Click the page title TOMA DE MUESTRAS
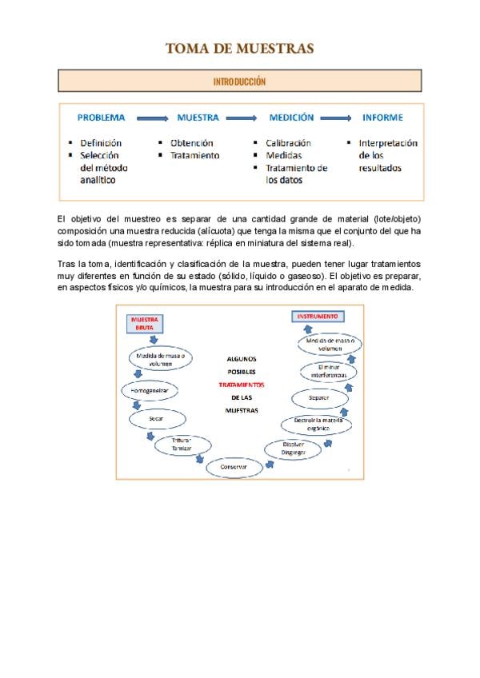pos(239,49)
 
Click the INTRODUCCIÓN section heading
pos(239,82)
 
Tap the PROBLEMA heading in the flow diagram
pos(101,118)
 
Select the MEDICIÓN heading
pos(291,118)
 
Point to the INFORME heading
pos(382,118)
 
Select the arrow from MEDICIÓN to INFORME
pos(335,118)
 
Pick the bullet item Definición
pos(101,143)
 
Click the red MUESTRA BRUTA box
pos(145,322)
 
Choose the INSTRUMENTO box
pos(318,317)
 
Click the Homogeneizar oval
pos(149,391)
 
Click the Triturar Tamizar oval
pos(183,445)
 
